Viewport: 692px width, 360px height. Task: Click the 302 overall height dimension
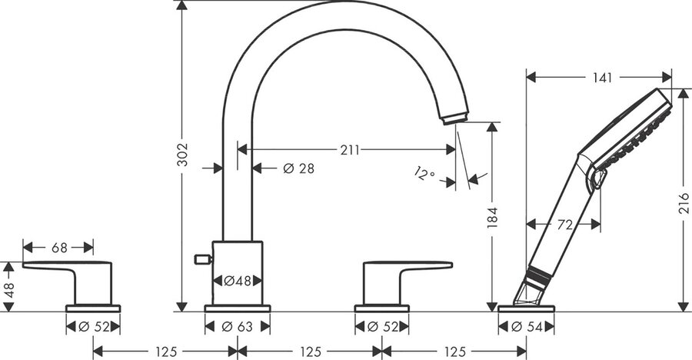click(x=181, y=155)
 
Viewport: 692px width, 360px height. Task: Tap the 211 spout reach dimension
click(x=350, y=150)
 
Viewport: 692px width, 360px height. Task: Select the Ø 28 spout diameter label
click(x=299, y=168)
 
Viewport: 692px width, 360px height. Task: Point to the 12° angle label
click(x=425, y=173)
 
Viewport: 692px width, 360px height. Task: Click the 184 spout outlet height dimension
click(x=492, y=218)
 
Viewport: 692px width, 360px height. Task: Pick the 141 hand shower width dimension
click(x=602, y=78)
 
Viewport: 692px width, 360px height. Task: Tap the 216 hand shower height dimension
click(x=684, y=203)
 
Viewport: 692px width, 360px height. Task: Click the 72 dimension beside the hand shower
click(x=565, y=225)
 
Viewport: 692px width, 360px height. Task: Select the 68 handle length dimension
click(x=59, y=248)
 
